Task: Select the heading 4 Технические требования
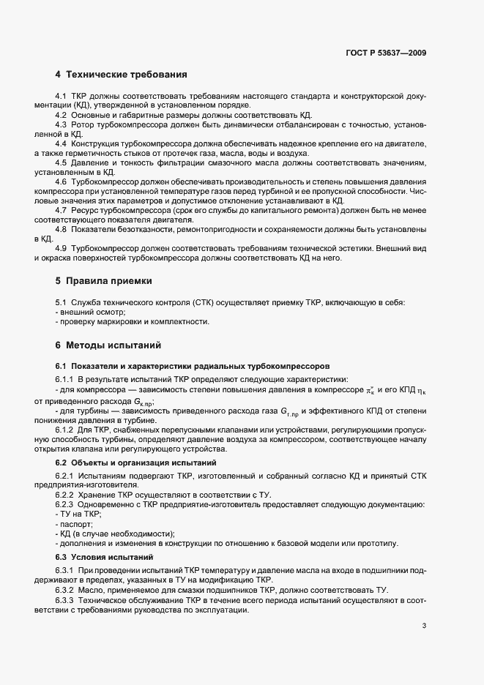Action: tap(121, 75)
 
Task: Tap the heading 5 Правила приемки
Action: tap(111, 281)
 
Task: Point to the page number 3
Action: tap(424, 626)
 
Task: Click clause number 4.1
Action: tap(61, 97)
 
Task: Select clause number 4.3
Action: tap(61, 125)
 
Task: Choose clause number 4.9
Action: tap(61, 249)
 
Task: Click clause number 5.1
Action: tap(61, 303)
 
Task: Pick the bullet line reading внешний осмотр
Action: tap(83, 312)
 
